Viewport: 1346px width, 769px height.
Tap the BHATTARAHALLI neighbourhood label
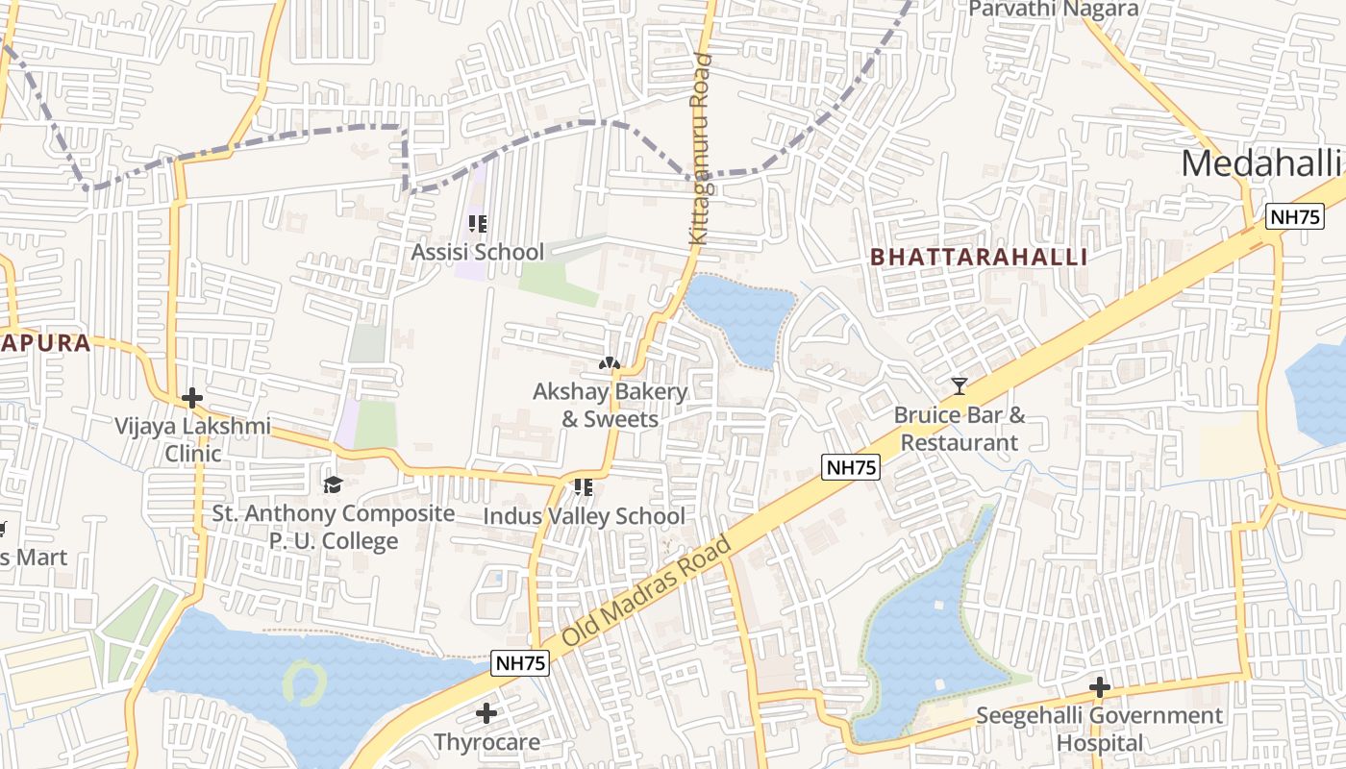coord(979,258)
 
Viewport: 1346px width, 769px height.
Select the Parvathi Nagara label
coord(1053,10)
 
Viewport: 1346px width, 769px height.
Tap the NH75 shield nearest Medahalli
coord(1294,216)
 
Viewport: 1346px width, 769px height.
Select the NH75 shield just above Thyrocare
coord(520,663)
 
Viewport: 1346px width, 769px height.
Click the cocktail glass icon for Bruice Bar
coord(959,386)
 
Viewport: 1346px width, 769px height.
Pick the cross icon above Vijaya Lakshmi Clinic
coord(192,397)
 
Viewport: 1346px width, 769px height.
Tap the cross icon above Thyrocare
coord(486,713)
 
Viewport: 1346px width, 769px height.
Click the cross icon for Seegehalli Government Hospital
coord(1100,687)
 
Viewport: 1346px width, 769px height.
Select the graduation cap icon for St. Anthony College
coord(333,484)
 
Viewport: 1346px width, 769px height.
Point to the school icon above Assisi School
coord(477,224)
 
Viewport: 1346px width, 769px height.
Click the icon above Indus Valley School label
coord(583,487)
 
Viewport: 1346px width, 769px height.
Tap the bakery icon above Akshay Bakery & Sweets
coord(610,363)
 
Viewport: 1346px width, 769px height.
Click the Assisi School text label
coord(477,252)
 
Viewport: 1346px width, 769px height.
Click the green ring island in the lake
coord(305,682)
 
